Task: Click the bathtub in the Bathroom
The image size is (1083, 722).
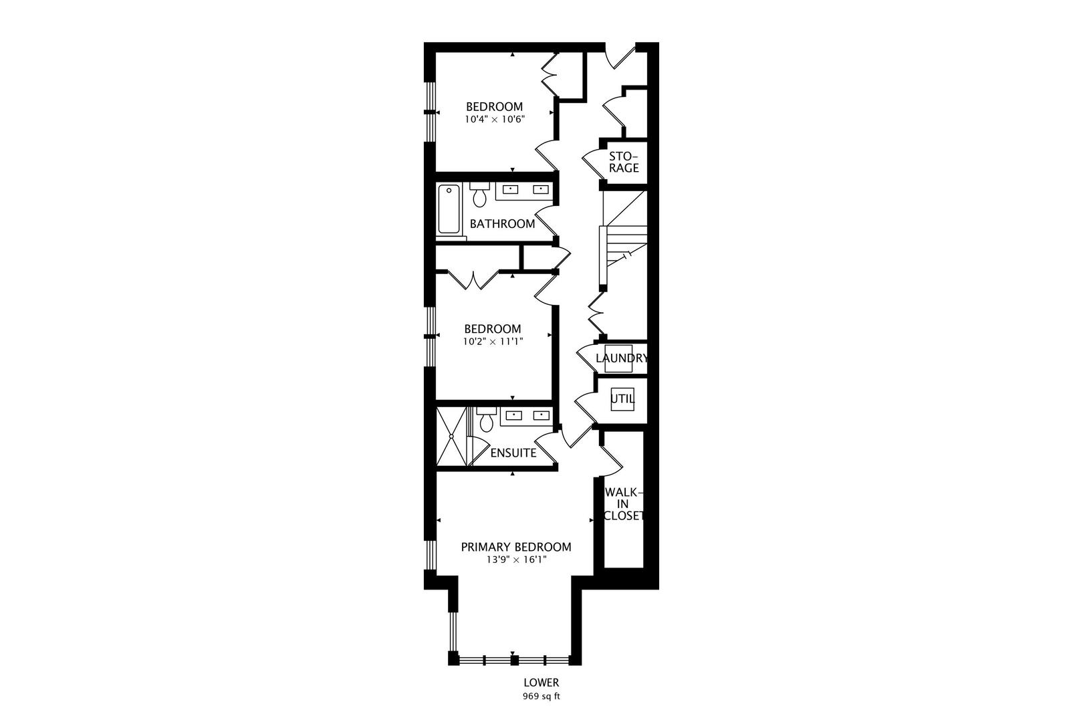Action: [450, 211]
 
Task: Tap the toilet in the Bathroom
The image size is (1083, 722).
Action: [479, 195]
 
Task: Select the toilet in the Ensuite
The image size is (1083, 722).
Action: [486, 420]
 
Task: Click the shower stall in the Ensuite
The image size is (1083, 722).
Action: [451, 436]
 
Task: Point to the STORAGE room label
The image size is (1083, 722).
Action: [623, 162]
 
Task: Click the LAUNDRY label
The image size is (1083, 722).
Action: [622, 359]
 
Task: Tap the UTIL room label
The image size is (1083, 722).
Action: [622, 399]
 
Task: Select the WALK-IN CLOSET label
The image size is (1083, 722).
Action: [623, 503]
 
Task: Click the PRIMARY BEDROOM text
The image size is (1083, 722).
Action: [516, 548]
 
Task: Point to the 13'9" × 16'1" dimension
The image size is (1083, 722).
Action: [516, 560]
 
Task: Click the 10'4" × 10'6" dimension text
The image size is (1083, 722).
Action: [495, 120]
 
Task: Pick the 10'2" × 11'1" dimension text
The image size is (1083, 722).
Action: [493, 342]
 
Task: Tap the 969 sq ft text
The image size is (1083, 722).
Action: [541, 697]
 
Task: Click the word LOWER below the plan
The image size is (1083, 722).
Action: [541, 683]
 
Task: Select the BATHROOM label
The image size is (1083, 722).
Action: [502, 224]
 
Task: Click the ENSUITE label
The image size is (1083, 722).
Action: [513, 453]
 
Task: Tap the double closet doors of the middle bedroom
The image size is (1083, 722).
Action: [473, 281]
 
